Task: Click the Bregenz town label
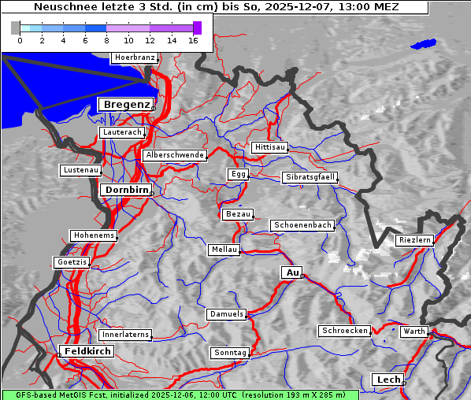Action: [124, 105]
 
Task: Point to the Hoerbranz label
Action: [134, 57]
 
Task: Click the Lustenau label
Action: [80, 170]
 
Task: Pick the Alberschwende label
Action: [174, 155]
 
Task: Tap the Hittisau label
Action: [269, 147]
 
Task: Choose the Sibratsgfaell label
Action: [310, 177]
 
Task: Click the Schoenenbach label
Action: [302, 225]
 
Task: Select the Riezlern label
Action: [414, 239]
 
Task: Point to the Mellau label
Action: [224, 250]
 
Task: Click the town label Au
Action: [291, 272]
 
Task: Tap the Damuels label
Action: [226, 314]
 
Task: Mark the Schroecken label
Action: [344, 331]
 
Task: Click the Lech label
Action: [388, 380]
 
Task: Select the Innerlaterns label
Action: [124, 335]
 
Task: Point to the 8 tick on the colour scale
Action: [107, 40]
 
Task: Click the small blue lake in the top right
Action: [423, 44]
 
